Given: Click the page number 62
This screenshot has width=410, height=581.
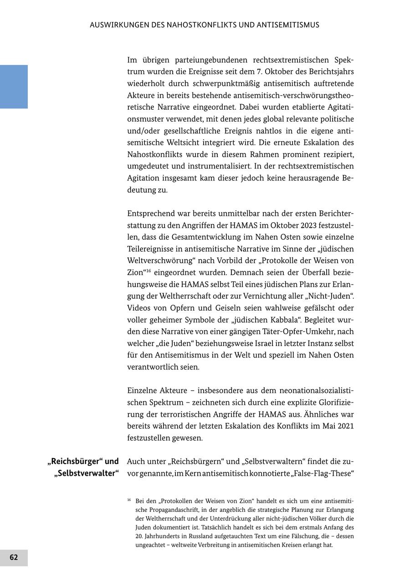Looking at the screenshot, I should [14, 557].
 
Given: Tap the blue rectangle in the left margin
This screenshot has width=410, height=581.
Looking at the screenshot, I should [14, 87].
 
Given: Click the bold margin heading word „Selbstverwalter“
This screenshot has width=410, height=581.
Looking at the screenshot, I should [86, 473].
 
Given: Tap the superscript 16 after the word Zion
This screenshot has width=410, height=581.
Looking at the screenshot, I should [148, 270].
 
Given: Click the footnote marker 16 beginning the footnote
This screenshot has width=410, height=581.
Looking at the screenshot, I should [129, 500].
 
